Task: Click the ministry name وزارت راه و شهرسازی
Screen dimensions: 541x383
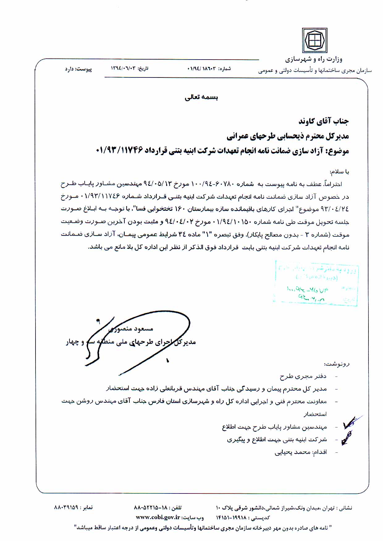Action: point(314,59)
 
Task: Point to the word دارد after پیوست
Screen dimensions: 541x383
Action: point(69,69)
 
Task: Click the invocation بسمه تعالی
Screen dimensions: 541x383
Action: point(201,98)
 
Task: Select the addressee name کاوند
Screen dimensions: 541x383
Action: point(309,121)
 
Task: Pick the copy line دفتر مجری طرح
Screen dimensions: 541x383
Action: point(303,376)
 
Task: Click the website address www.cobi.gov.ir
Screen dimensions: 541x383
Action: point(158,517)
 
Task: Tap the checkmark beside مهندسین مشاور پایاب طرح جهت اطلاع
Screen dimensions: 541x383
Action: point(351,425)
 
